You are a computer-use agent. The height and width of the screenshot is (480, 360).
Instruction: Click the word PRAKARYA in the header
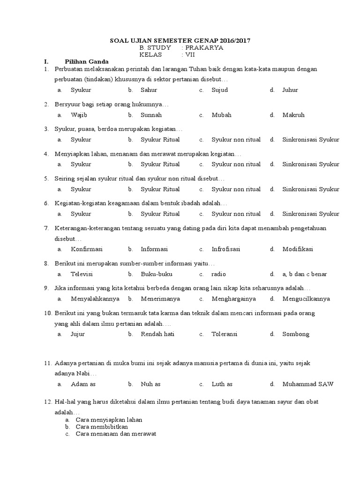[204, 47]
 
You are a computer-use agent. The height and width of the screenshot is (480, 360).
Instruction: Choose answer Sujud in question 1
[219, 90]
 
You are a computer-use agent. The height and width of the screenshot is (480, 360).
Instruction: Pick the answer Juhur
[290, 90]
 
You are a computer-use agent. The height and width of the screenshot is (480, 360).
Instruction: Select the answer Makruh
[293, 115]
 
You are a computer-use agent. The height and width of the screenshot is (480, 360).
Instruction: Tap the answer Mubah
[221, 115]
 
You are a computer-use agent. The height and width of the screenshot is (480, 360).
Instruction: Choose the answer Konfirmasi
[87, 249]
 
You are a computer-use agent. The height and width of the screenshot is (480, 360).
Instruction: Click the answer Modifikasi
[298, 249]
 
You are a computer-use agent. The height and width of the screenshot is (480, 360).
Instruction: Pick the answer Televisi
[82, 274]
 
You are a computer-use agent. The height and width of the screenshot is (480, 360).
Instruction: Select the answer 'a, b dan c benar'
[305, 274]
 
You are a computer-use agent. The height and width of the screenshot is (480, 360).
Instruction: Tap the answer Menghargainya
[233, 299]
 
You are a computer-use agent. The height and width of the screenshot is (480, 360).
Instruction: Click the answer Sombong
[296, 334]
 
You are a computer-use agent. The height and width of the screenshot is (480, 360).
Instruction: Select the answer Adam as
[83, 384]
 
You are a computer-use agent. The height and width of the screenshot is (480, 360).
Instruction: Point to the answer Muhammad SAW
[308, 384]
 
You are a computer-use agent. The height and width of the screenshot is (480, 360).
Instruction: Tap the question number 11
[47, 363]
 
